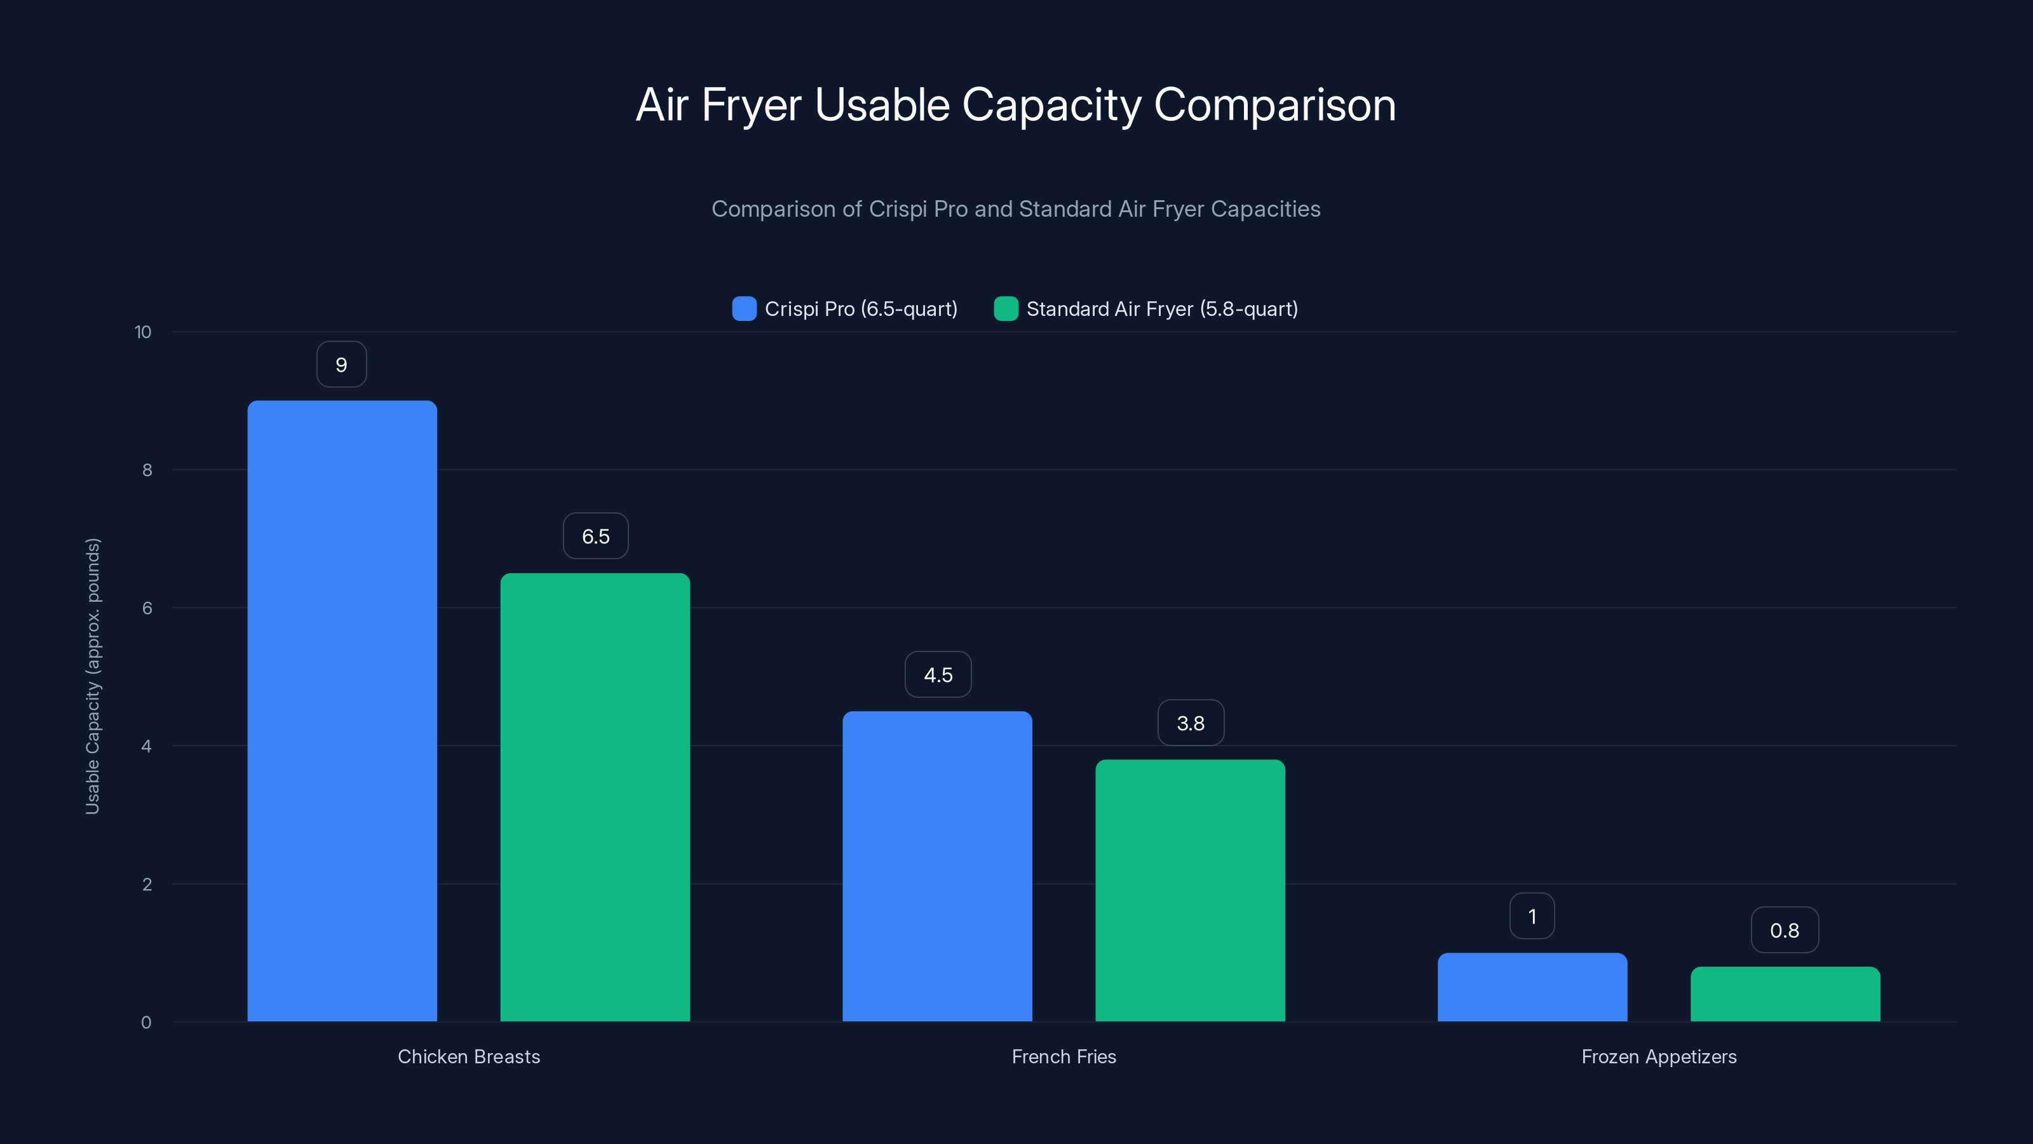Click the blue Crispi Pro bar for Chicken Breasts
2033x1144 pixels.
[342, 711]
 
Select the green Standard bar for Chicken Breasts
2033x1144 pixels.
[595, 798]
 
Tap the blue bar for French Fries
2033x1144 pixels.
[937, 866]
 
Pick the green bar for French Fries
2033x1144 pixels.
[1190, 890]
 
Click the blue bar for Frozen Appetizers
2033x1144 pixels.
[1532, 987]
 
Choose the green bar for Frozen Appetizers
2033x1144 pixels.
[1785, 994]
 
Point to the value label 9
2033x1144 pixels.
[341, 365]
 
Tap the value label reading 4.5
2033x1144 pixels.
[938, 675]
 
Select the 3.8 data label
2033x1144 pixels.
[1190, 723]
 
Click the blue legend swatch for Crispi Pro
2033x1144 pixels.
[744, 309]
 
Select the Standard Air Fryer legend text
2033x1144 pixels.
[1162, 309]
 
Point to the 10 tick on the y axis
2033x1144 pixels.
[143, 332]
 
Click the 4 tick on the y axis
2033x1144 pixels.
[146, 746]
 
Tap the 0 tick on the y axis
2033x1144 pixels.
[146, 1023]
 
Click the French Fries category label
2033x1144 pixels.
[1063, 1056]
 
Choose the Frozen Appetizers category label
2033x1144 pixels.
[1658, 1056]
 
